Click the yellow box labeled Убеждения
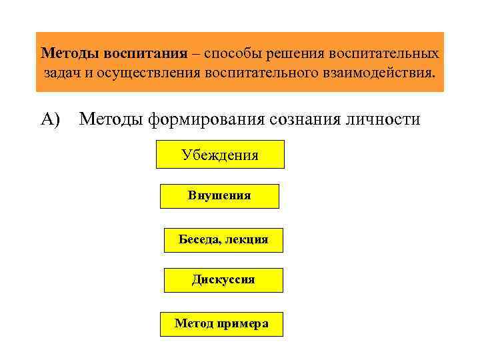click(x=220, y=155)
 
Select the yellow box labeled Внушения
click(x=219, y=196)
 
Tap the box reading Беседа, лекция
click(x=223, y=239)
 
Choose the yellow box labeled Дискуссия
click(x=223, y=280)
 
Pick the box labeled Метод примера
click(x=221, y=324)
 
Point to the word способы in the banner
click(x=232, y=52)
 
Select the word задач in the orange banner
click(x=63, y=71)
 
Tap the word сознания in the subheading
click(x=304, y=119)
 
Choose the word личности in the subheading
click(x=386, y=119)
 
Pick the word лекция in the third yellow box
click(x=247, y=239)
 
